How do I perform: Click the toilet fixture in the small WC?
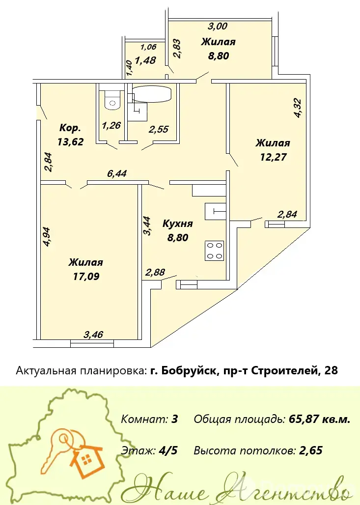112,100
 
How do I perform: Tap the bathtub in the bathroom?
152,94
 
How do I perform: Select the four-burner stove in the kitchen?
215,250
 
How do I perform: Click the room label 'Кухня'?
177,224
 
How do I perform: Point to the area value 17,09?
86,276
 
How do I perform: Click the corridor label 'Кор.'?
70,128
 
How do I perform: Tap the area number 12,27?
273,157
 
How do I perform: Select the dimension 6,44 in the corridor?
117,173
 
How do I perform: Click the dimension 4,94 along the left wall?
47,237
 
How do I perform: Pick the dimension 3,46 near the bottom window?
93,335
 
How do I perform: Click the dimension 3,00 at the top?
218,26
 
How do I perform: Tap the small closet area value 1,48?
145,60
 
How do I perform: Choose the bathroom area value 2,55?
159,129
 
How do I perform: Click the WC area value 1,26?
111,125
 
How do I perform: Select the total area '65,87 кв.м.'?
319,419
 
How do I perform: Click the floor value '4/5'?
168,450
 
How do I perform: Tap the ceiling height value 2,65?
311,450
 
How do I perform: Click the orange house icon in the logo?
86,459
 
